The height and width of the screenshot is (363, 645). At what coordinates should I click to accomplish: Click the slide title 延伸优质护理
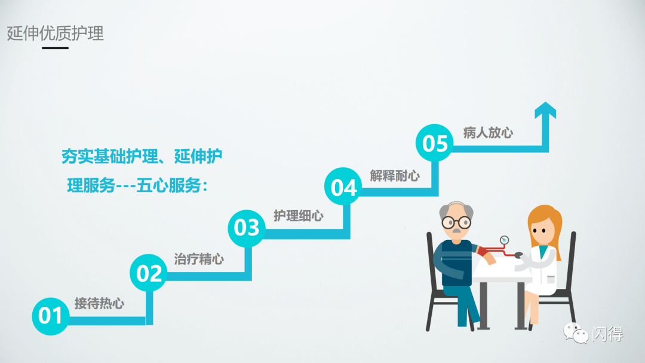tap(56, 33)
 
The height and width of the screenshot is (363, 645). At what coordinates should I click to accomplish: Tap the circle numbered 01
tap(50, 315)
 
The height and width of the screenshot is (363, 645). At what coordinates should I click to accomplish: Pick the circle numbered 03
tap(247, 227)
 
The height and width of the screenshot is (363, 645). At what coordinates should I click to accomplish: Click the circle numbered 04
tap(343, 187)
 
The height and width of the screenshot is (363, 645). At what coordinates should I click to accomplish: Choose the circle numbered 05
tap(435, 144)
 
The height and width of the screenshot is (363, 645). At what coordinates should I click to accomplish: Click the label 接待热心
tap(99, 303)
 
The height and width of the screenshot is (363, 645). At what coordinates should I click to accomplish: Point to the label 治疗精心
tap(199, 260)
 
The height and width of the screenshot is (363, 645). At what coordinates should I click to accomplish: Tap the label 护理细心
tap(298, 216)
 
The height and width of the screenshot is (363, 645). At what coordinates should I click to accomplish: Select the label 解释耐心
tap(395, 176)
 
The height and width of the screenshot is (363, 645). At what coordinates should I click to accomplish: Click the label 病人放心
tap(488, 133)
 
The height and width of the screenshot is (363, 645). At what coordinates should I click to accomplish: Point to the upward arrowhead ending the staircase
tap(545, 110)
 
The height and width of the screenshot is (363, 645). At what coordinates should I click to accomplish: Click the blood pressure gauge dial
tap(505, 240)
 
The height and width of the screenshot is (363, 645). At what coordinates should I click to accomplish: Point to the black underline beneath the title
tap(55, 48)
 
